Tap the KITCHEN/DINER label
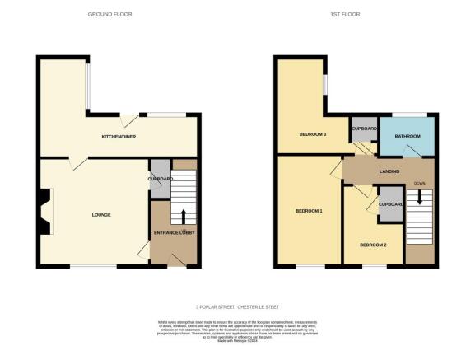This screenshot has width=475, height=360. point(118,136)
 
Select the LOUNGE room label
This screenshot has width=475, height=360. point(101,215)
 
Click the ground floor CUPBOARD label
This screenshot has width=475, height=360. point(160,179)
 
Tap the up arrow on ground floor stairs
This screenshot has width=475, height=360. point(183,217)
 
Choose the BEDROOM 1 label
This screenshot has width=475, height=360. point(309,211)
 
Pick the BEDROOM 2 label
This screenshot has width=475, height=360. point(373,245)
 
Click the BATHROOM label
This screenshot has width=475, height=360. point(407,136)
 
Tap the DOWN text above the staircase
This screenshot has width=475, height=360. point(419,183)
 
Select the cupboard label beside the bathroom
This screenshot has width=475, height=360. point(364,129)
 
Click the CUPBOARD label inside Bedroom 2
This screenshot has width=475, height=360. point(390,203)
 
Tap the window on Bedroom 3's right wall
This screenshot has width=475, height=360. point(325,84)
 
